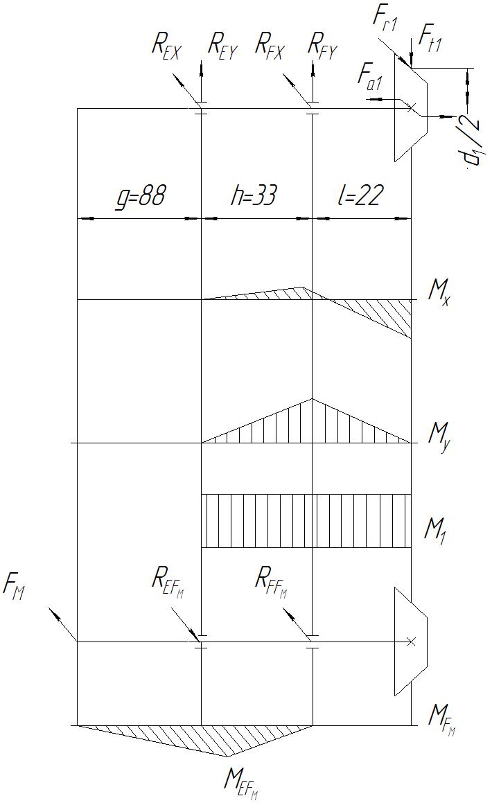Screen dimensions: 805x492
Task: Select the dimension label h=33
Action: coord(254,197)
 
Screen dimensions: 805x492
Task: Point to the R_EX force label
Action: coord(166,46)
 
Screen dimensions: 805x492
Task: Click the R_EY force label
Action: coord(224,46)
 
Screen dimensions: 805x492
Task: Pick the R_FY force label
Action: coord(322,46)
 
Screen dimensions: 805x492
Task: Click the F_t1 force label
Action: coord(430,42)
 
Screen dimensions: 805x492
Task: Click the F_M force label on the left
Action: coord(15,590)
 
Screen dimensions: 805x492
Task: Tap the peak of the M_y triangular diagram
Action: coord(313,399)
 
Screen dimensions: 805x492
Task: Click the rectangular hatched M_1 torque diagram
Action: coord(306,521)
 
